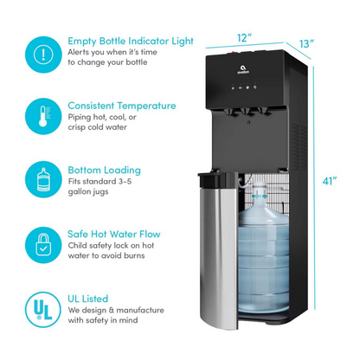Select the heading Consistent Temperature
[121, 105]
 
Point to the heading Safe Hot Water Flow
[114, 234]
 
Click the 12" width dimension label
[245, 37]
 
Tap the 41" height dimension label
[329, 181]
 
